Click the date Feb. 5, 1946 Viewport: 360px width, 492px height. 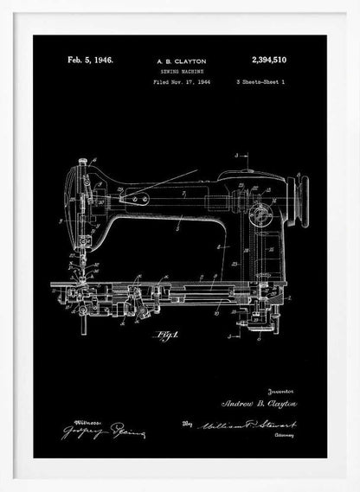(91, 62)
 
